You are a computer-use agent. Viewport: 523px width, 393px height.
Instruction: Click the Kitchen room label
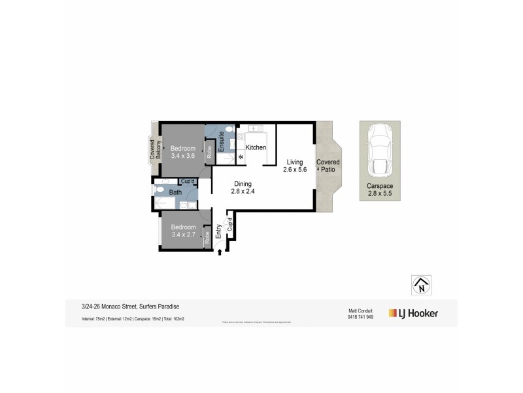pyautogui.click(x=256, y=147)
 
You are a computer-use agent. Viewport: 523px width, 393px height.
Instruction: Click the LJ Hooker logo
pyautogui.click(x=413, y=313)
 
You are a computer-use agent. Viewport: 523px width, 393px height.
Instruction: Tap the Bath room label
pyautogui.click(x=175, y=193)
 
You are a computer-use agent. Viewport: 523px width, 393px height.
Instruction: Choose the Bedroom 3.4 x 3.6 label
pyautogui.click(x=183, y=152)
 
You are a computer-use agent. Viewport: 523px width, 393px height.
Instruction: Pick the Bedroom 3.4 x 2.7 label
pyautogui.click(x=183, y=231)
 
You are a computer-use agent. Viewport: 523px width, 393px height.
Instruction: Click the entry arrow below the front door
pyautogui.click(x=220, y=251)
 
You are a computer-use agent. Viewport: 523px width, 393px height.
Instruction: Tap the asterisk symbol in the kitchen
pyautogui.click(x=241, y=158)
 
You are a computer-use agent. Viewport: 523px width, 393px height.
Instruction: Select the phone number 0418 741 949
pyautogui.click(x=360, y=317)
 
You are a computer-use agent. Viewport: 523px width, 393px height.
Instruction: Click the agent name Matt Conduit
pyautogui.click(x=360, y=310)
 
